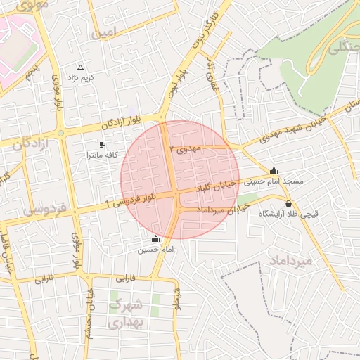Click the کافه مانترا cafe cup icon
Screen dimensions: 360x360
pyautogui.click(x=103, y=144)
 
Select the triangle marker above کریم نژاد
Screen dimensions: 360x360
pyautogui.click(x=80, y=67)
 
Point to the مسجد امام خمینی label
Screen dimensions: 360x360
pyautogui.click(x=274, y=181)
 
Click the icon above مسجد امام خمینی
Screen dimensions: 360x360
pyautogui.click(x=274, y=171)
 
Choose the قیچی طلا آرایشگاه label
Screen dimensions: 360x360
pyautogui.click(x=288, y=213)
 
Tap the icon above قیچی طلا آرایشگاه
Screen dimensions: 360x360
pyautogui.click(x=288, y=203)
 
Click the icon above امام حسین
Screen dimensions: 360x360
pyautogui.click(x=155, y=240)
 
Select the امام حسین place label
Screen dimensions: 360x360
pyautogui.click(x=155, y=250)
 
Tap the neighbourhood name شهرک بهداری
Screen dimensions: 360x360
pyautogui.click(x=127, y=314)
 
